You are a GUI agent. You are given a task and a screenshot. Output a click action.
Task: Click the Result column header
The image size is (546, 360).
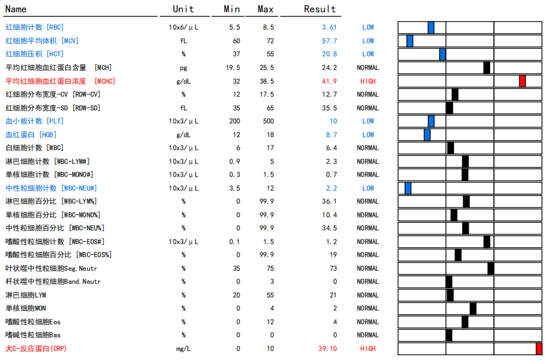(320, 9)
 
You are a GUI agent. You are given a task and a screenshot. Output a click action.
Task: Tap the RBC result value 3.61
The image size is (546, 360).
(329, 27)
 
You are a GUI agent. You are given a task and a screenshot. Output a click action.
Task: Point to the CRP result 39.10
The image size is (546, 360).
(327, 349)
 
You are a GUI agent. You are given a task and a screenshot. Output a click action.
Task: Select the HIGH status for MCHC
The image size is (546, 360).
(368, 81)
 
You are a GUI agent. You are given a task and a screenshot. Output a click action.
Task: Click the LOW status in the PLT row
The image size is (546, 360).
(368, 121)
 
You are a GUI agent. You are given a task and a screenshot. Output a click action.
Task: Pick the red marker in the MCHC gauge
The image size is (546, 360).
(522, 81)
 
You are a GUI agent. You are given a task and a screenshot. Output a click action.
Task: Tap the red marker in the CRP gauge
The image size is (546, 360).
(539, 349)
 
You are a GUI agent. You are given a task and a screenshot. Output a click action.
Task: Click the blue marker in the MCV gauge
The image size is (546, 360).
(410, 41)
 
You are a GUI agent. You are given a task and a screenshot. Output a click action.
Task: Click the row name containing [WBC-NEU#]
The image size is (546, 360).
(49, 188)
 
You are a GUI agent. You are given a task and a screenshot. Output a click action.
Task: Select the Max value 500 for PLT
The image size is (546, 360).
(267, 121)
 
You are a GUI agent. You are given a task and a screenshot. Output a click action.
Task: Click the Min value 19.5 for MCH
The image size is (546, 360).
(233, 68)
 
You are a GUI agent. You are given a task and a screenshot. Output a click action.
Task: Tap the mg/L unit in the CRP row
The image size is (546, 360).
(184, 349)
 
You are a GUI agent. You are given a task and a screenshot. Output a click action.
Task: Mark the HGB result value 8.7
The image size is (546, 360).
(331, 135)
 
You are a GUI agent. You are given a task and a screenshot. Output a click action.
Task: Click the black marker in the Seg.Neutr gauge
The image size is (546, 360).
(491, 269)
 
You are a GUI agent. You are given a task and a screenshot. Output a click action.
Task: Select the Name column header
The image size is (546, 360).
(16, 9)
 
